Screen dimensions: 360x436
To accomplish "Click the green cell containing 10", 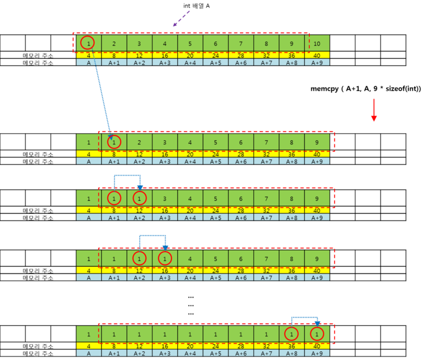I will (317, 44).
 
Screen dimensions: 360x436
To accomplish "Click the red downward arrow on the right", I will (374, 110).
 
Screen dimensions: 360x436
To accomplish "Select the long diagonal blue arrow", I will (103, 100).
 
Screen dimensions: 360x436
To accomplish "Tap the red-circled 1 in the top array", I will (88, 43).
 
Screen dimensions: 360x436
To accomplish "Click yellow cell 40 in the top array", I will (317, 55).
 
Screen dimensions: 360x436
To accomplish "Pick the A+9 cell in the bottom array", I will (317, 354).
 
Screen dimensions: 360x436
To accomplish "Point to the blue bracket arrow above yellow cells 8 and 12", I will (127, 176).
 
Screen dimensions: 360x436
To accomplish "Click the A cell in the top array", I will (88, 62).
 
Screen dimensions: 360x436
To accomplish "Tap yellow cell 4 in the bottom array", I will (88, 346).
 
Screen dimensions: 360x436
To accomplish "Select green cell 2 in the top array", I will (114, 44).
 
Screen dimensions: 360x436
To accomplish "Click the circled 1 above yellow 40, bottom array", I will (317, 333).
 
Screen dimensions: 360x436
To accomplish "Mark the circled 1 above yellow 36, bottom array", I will (292, 333).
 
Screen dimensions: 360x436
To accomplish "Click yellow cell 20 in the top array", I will (190, 55).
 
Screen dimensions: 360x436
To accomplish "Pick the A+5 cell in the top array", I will (215, 62).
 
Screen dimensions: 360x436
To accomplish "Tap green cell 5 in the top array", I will (190, 44).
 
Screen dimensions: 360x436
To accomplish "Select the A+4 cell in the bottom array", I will (190, 354).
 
